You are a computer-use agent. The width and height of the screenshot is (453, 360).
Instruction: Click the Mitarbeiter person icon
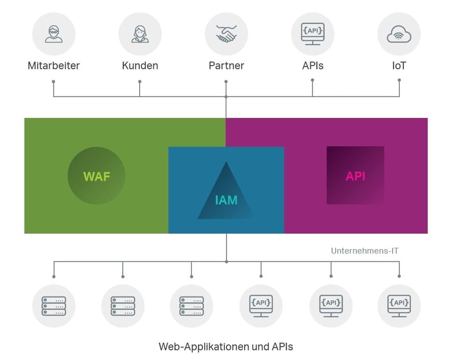pyautogui.click(x=54, y=34)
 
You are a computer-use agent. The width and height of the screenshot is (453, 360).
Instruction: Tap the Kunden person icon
pyautogui.click(x=140, y=34)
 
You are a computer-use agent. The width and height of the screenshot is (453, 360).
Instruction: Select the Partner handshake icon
pyautogui.click(x=226, y=34)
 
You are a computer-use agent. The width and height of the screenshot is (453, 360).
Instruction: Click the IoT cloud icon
pyautogui.click(x=399, y=34)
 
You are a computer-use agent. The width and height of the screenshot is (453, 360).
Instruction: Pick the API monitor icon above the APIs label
pyautogui.click(x=312, y=34)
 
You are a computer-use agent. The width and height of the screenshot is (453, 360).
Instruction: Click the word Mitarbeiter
pyautogui.click(x=54, y=66)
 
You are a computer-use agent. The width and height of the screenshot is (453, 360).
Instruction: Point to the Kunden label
pyautogui.click(x=140, y=66)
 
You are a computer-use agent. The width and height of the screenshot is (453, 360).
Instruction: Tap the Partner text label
pyautogui.click(x=226, y=66)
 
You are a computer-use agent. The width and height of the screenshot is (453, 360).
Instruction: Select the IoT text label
pyautogui.click(x=399, y=66)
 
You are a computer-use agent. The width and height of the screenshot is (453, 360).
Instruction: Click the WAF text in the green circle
pyautogui.click(x=96, y=176)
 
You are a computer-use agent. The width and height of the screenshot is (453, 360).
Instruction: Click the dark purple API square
pyautogui.click(x=355, y=175)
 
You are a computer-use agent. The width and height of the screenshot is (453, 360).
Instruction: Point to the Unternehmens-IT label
pyautogui.click(x=365, y=251)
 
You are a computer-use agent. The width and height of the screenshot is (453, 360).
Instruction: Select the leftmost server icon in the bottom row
pyautogui.click(x=54, y=306)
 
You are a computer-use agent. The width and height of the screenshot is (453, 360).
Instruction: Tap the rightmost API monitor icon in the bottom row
pyautogui.click(x=399, y=306)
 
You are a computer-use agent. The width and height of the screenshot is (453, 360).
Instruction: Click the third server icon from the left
pyautogui.click(x=191, y=306)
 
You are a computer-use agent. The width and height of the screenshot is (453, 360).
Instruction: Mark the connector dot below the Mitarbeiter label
pyautogui.click(x=53, y=82)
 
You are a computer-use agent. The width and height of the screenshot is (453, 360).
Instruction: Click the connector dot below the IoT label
pyautogui.click(x=399, y=81)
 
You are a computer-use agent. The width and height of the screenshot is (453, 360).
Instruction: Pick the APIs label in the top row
pyautogui.click(x=312, y=66)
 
